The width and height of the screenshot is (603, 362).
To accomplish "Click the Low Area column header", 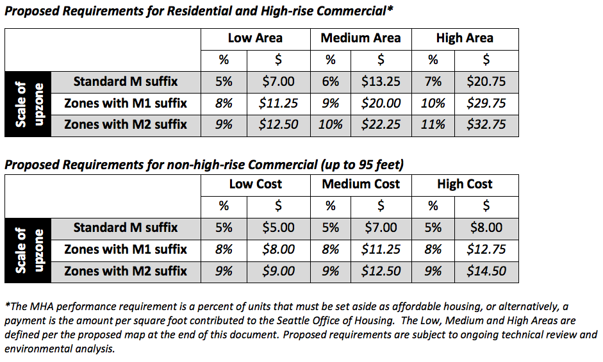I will tap(254, 38).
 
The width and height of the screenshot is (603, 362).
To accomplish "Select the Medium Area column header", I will tap(360, 38).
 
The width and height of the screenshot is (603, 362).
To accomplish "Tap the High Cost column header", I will tap(465, 185).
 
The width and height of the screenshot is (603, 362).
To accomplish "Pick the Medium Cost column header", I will tap(360, 185).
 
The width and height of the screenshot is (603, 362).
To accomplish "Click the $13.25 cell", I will tap(381, 81).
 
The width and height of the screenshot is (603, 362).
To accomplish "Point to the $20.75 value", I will tap(486, 81).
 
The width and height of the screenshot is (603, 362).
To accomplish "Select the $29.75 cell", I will tap(486, 103).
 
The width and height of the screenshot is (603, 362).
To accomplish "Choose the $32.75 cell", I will tap(486, 124).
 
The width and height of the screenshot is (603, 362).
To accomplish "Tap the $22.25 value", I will tap(381, 124).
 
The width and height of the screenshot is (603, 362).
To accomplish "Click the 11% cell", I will tap(433, 124).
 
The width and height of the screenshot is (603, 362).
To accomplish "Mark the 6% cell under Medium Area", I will tap(331, 81).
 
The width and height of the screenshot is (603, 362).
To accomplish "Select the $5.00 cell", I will tap(279, 227).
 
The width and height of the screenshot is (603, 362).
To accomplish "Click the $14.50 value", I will tap(486, 270).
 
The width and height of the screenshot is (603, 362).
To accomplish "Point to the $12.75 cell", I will tap(486, 249).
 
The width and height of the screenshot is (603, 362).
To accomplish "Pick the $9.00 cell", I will tap(279, 270).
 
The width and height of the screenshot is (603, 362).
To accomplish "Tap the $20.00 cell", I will tap(381, 103).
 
